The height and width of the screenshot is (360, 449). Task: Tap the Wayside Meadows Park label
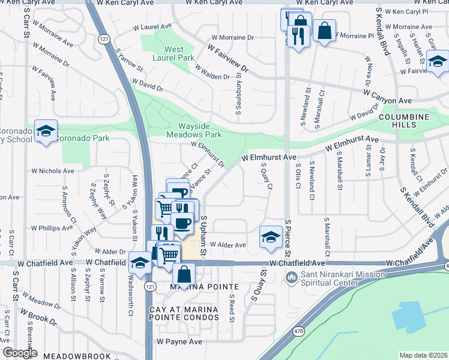tap(199, 130)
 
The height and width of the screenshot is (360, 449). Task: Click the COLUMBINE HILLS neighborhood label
tap(405, 120)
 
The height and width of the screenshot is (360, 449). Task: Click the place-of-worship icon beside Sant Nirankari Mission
tap(292, 277)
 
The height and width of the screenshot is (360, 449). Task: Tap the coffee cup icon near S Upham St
tap(183, 224)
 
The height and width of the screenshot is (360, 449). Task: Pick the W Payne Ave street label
tap(179, 341)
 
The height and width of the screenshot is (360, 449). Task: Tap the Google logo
tap(20, 353)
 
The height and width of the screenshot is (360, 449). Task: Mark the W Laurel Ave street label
tap(152, 27)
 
